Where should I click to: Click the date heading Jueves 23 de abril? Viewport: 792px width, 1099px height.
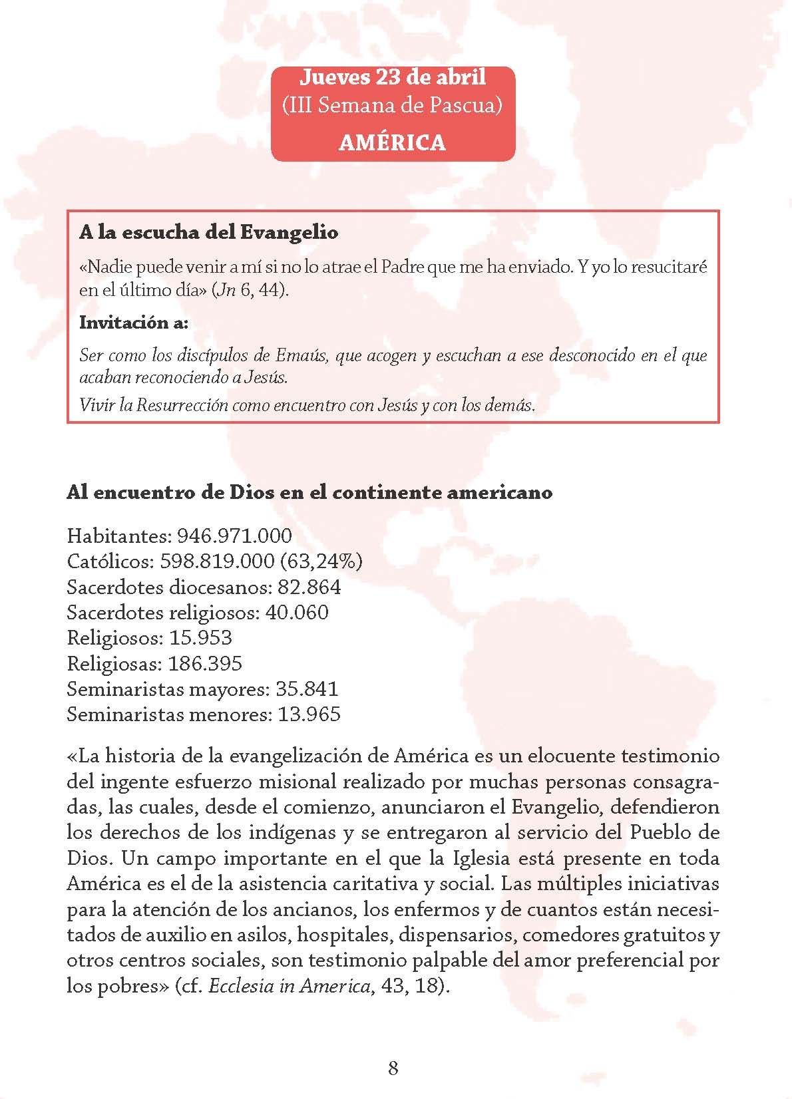(393, 77)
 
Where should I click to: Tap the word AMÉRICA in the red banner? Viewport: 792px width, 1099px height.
(393, 142)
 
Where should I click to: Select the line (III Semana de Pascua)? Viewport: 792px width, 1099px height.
(393, 106)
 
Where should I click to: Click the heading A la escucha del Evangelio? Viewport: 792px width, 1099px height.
(209, 232)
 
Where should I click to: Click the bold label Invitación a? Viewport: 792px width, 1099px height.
(134, 323)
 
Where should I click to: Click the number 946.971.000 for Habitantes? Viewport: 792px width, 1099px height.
(235, 536)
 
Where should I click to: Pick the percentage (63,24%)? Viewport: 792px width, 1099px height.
(321, 561)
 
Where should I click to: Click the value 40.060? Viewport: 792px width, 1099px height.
(297, 612)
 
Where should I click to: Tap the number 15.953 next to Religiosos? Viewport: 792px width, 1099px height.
(201, 637)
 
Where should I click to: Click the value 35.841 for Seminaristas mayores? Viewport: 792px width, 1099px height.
(307, 689)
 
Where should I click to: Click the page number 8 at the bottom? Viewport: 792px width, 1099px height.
(393, 1068)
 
